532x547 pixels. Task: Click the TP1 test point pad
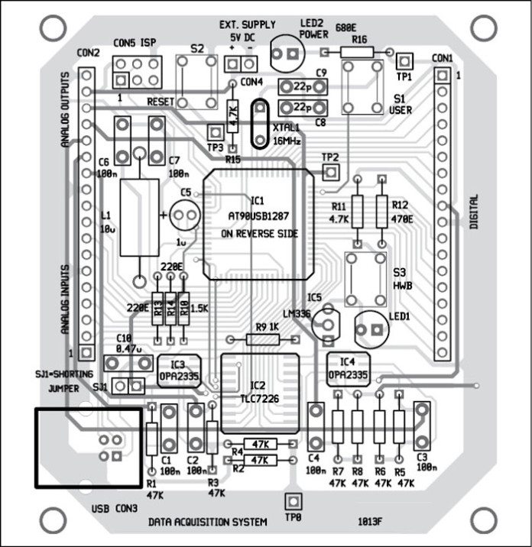click(x=404, y=61)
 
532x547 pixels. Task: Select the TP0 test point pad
click(x=290, y=501)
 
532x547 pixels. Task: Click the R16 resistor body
click(x=357, y=52)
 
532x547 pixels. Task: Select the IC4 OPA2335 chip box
click(x=347, y=369)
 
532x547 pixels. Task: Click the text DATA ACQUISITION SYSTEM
click(x=208, y=523)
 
